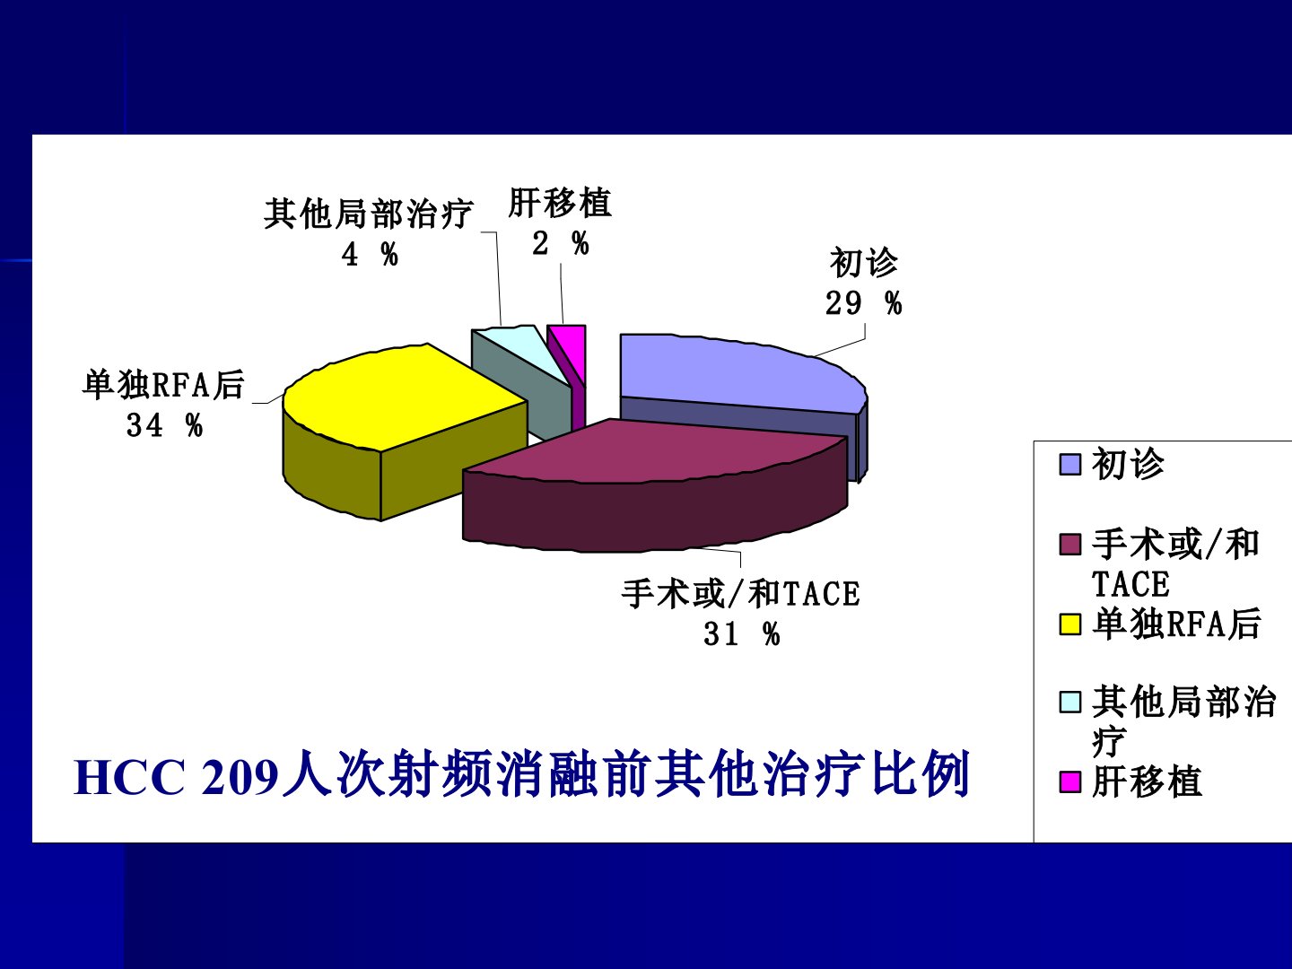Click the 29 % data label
[x=863, y=303]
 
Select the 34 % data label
[x=165, y=424]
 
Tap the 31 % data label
[x=742, y=634]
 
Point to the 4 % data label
[x=370, y=255]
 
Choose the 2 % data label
[x=561, y=243]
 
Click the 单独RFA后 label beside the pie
[x=163, y=386]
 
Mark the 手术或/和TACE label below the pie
[x=740, y=594]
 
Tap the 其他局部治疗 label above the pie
[x=369, y=214]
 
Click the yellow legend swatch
[x=1070, y=624]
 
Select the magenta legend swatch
[x=1070, y=781]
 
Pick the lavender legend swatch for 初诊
[x=1070, y=464]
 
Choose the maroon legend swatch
[x=1070, y=545]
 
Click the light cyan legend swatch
[x=1070, y=702]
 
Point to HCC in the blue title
[x=129, y=778]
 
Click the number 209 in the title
[x=240, y=778]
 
